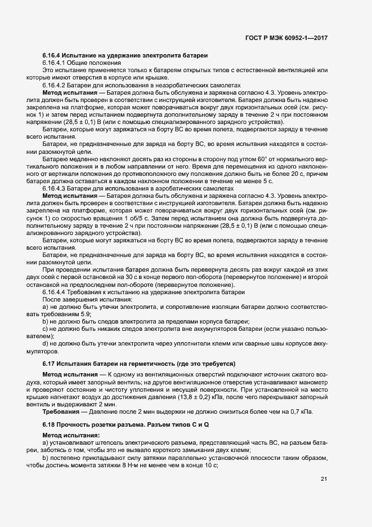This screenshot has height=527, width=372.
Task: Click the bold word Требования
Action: tap(60, 411)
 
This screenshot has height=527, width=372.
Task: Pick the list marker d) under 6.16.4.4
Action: tap(45, 344)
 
